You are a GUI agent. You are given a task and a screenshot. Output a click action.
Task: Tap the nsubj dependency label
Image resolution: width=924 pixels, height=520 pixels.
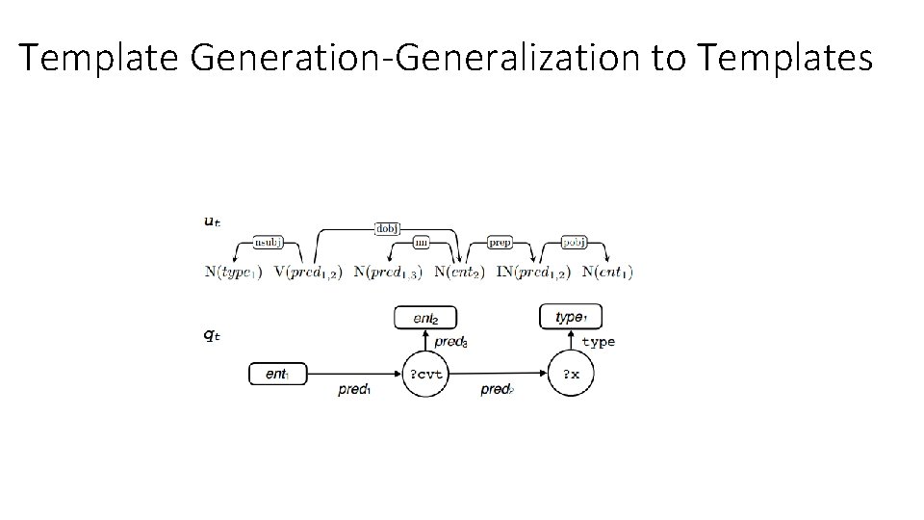pos(269,242)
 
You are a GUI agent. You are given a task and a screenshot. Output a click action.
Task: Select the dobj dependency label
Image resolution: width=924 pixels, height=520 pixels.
pos(386,228)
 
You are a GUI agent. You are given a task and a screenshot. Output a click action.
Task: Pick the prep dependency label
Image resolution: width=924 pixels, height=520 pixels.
pos(500,242)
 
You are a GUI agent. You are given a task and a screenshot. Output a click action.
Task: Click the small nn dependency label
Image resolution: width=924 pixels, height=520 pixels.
pos(420,242)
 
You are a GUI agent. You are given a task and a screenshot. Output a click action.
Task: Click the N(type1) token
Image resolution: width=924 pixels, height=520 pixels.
pos(233,273)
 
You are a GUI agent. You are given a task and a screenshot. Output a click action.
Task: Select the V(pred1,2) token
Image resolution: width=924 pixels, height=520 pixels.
pos(308,273)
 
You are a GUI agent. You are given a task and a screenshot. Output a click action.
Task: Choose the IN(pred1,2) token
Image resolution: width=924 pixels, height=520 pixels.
pos(534,273)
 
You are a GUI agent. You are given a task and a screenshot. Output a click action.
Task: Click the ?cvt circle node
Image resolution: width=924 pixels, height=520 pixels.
pos(425,374)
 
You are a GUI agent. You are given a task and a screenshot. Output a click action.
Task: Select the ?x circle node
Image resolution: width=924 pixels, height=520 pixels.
pos(570,374)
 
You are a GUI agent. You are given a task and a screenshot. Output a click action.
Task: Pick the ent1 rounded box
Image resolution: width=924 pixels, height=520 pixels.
pos(277,374)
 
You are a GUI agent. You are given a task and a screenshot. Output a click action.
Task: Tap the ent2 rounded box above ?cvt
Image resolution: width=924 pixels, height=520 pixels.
pos(425,317)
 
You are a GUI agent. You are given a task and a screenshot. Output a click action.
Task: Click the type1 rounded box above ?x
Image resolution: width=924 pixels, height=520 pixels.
pos(570,317)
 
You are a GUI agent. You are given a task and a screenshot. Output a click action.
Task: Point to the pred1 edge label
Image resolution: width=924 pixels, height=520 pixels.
pos(353,390)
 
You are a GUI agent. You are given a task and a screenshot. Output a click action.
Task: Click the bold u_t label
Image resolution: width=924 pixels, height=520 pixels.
pos(212,221)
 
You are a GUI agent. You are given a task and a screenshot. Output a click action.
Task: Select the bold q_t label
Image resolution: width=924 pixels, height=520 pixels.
pos(212,336)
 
